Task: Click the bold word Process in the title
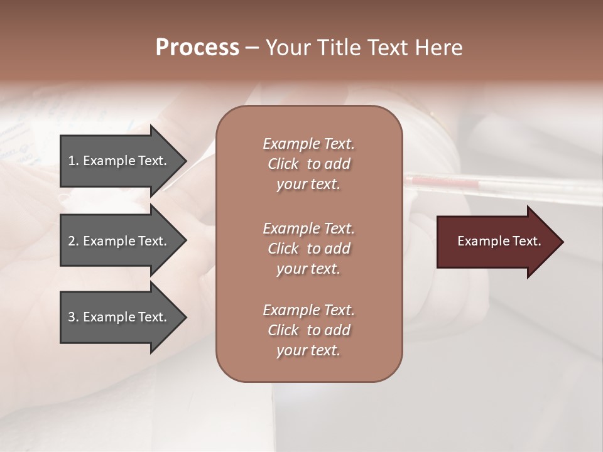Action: coord(197,48)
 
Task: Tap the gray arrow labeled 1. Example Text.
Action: coord(119,161)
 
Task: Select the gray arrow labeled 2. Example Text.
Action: coord(119,241)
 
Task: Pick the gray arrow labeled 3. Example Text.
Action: coord(119,317)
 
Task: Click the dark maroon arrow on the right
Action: coord(496,242)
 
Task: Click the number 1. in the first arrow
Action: coord(73,161)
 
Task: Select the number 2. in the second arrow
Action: coord(73,241)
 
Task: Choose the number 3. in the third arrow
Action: coord(73,317)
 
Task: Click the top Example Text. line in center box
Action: coord(308,144)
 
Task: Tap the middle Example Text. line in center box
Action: coord(308,229)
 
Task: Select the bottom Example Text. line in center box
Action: coord(308,310)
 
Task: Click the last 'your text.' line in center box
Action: coord(308,351)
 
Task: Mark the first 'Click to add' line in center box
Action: coord(308,164)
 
